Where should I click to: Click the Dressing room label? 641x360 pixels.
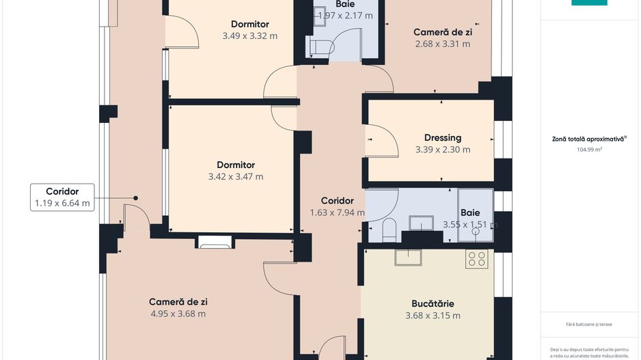(x=442, y=137)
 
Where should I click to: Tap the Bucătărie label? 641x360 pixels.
(x=433, y=303)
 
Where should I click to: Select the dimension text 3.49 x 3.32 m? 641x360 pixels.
(x=249, y=36)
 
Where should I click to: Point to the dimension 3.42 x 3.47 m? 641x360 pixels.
(x=236, y=177)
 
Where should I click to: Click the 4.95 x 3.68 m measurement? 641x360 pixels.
(x=178, y=314)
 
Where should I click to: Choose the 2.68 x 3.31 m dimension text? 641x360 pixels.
(x=443, y=44)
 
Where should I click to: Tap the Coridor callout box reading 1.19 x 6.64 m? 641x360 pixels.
(x=62, y=197)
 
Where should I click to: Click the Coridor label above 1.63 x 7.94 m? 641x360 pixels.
(x=337, y=201)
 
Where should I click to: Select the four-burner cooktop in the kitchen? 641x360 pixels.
(x=476, y=259)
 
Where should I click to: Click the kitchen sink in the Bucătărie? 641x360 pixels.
(x=407, y=258)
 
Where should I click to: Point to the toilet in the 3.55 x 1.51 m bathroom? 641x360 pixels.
(x=389, y=230)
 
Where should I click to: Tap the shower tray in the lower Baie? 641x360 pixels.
(x=475, y=215)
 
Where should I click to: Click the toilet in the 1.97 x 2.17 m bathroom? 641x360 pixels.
(x=320, y=47)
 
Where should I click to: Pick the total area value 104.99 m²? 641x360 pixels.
(x=589, y=148)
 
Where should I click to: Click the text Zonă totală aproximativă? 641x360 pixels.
(x=588, y=139)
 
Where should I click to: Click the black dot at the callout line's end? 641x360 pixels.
(x=135, y=198)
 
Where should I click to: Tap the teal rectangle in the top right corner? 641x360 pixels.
(x=589, y=2)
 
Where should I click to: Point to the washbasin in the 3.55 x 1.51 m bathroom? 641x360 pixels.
(x=421, y=223)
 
